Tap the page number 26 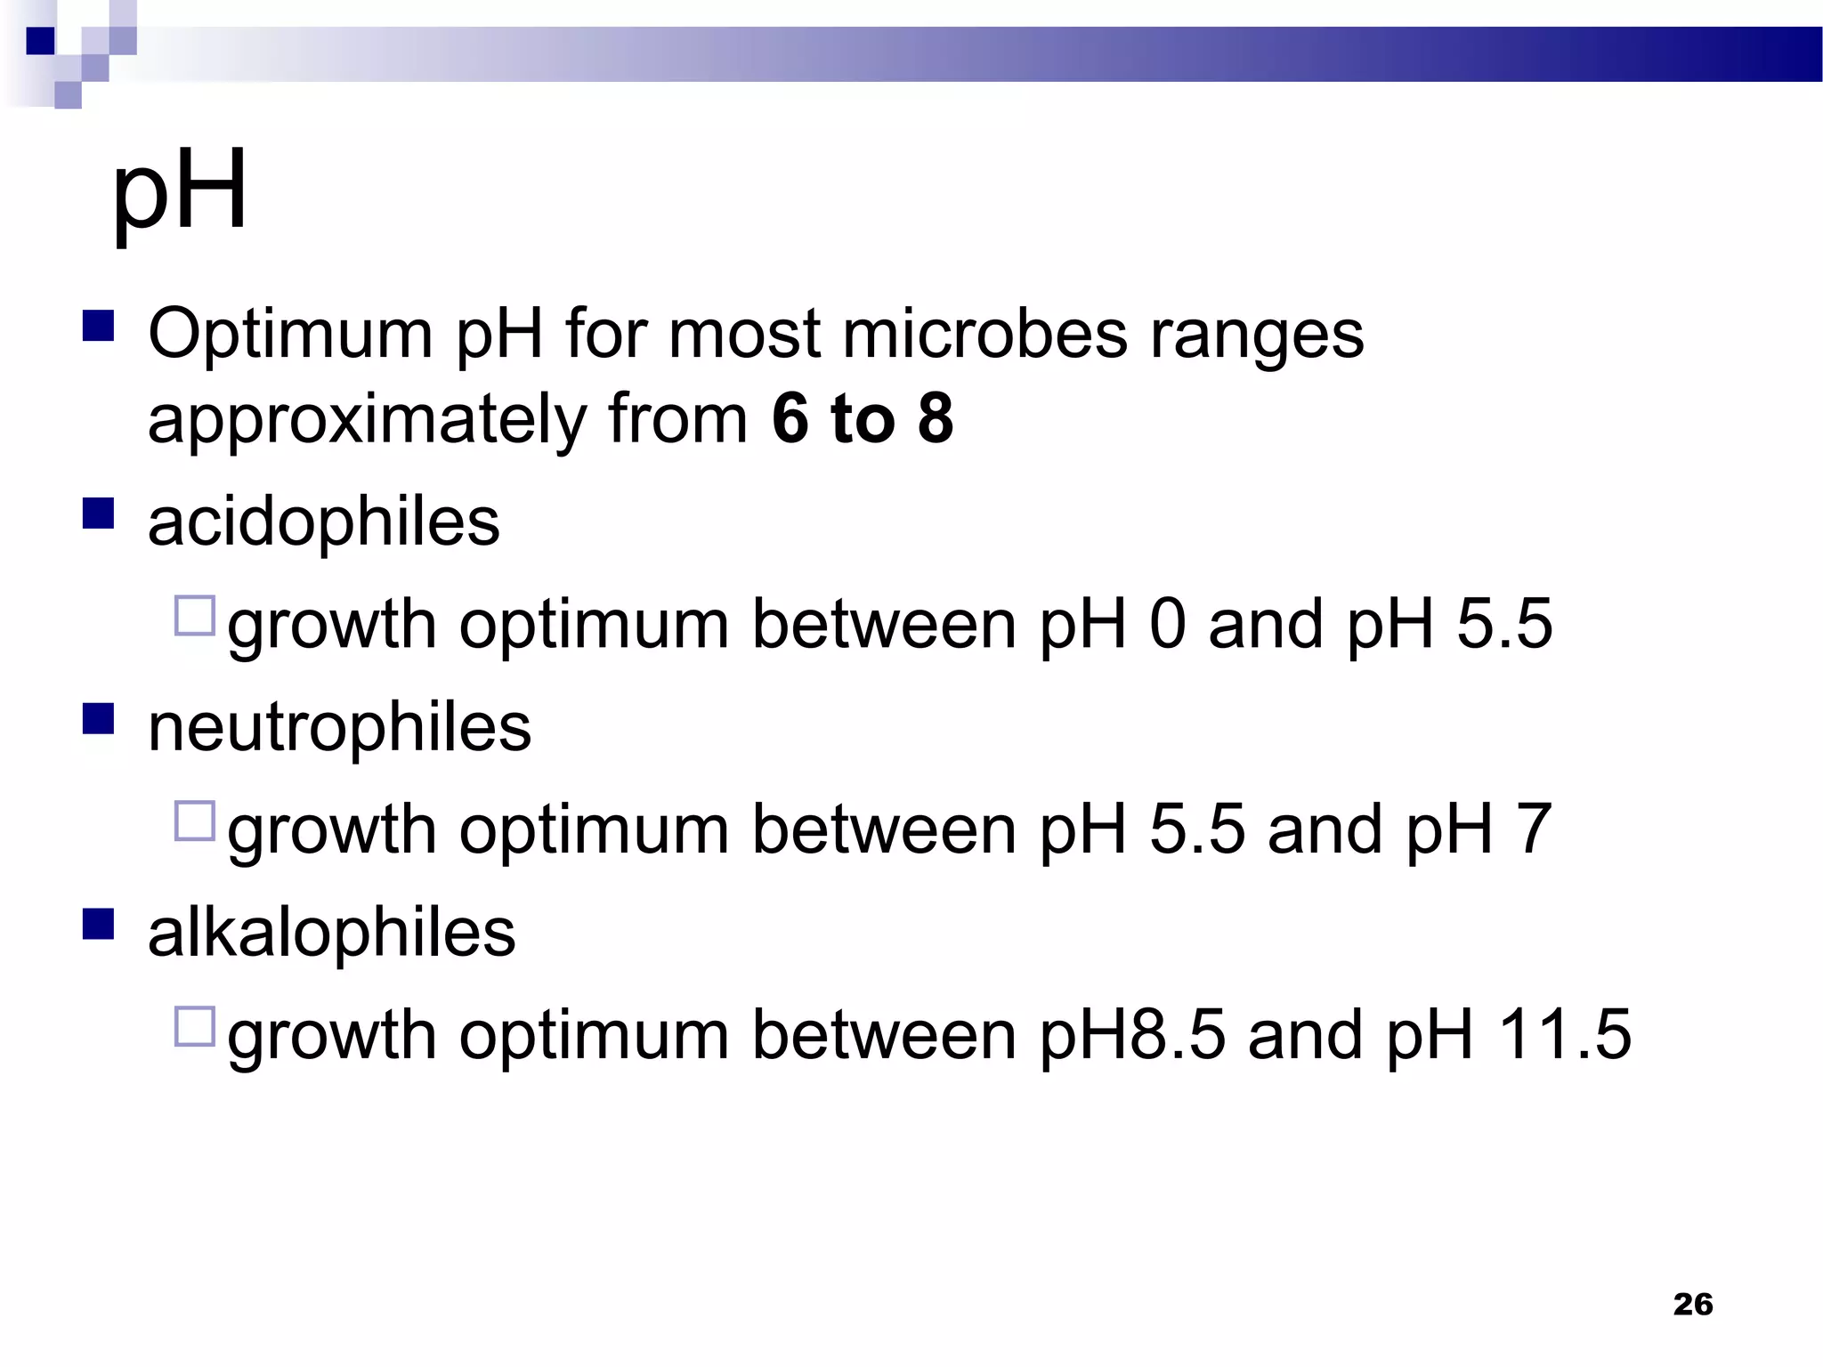(1692, 1304)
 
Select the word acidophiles (324, 522)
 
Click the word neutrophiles (339, 728)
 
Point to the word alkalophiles (331, 934)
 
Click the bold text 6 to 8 (863, 418)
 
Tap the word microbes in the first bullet (984, 335)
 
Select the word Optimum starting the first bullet (290, 335)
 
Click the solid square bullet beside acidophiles (98, 514)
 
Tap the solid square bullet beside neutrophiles (98, 718)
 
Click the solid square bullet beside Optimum (98, 326)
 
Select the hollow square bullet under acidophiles (195, 615)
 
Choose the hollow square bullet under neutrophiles (195, 821)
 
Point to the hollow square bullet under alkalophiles (195, 1026)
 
